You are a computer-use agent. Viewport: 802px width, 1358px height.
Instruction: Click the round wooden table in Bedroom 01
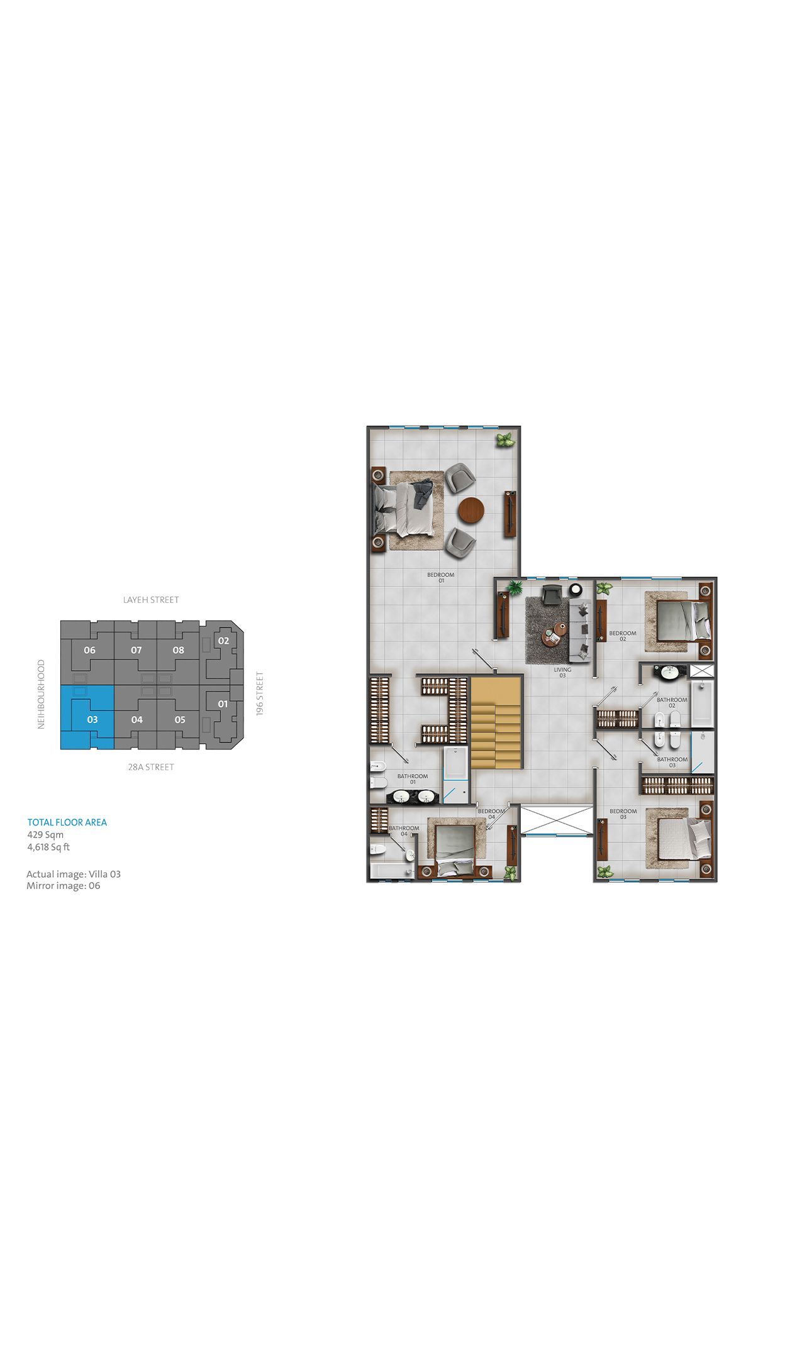tap(471, 510)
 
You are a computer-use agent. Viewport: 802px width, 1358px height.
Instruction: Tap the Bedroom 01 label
tap(441, 577)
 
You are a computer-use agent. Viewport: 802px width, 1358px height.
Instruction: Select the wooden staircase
tap(496, 722)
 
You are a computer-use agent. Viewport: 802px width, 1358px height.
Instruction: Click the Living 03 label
tap(562, 672)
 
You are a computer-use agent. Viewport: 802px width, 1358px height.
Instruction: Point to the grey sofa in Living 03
tap(581, 630)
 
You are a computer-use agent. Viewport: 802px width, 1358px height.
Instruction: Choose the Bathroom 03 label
tap(672, 762)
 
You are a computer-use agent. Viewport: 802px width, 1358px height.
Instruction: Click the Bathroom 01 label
tap(413, 779)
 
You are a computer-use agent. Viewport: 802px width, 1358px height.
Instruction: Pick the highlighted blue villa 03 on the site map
tap(87, 717)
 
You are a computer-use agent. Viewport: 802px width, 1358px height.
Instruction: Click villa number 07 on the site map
tap(136, 650)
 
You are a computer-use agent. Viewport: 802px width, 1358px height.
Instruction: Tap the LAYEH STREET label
tap(151, 600)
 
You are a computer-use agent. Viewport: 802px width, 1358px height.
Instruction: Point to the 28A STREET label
tap(151, 767)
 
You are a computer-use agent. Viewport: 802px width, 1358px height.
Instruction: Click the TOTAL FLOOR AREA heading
tap(67, 822)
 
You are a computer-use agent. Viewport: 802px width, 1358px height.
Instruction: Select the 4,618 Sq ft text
tap(48, 847)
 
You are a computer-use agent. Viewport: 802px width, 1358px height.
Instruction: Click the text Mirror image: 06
tap(63, 886)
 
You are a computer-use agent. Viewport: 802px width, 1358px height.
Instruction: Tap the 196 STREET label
tap(260, 693)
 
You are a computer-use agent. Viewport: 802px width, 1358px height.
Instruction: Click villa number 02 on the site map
tap(223, 641)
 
